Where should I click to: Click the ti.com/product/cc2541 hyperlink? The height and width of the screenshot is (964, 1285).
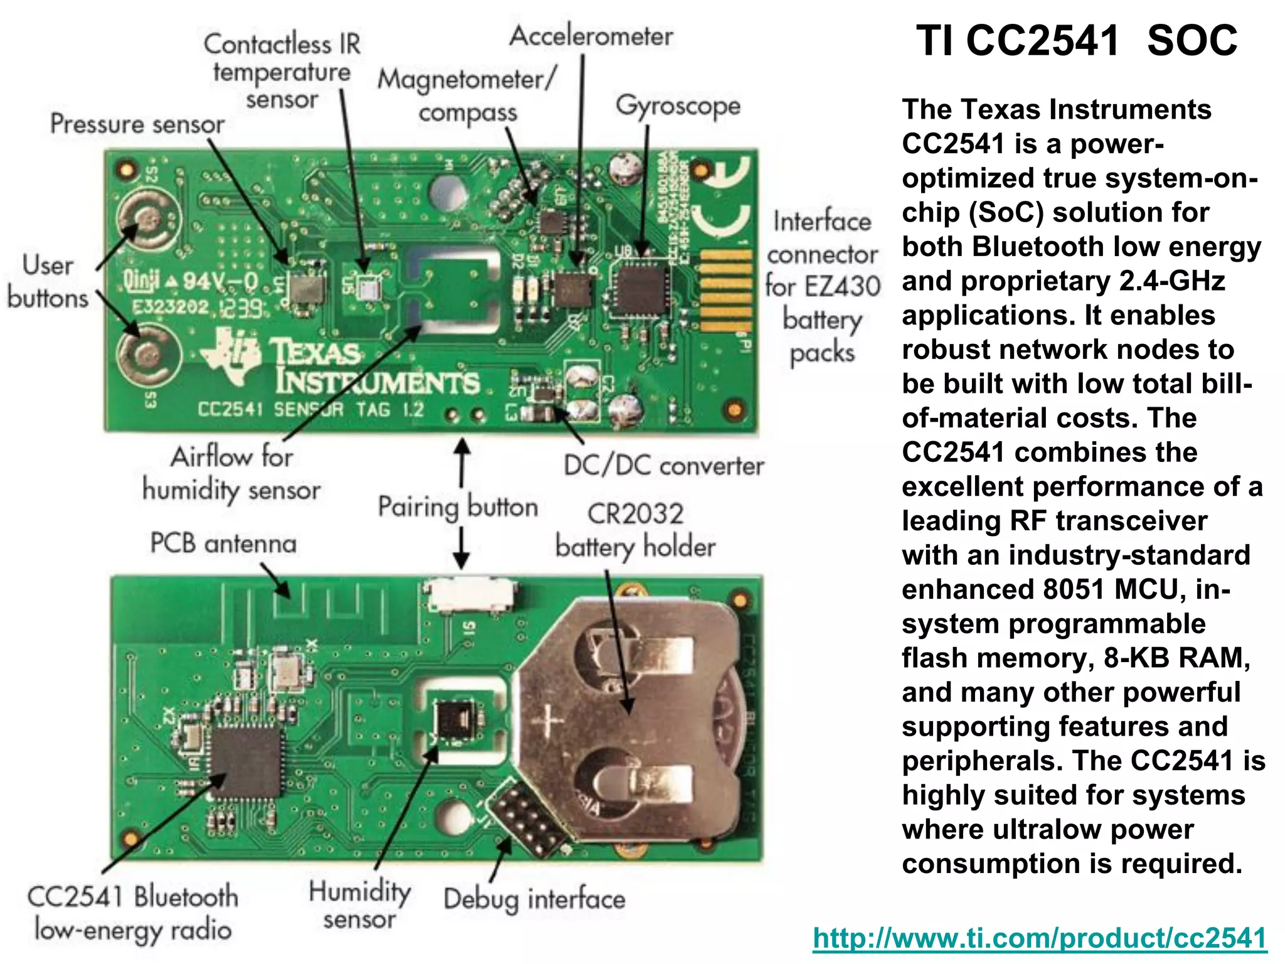[x=1040, y=938]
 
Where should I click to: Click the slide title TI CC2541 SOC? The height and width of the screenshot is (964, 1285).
[x=1077, y=41]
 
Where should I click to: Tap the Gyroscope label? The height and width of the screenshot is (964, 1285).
[x=678, y=105]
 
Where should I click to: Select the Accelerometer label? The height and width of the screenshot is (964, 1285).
[x=591, y=36]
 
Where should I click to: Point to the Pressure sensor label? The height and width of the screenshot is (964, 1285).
[x=137, y=124]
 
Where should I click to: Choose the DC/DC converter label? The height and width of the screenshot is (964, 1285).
[x=664, y=466]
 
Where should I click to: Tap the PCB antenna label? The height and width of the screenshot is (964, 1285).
[x=223, y=544]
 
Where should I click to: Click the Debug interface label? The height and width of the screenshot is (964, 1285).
[x=534, y=899]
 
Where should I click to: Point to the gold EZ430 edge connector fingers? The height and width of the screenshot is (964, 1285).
[x=725, y=290]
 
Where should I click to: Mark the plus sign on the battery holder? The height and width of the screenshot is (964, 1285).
[x=548, y=722]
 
